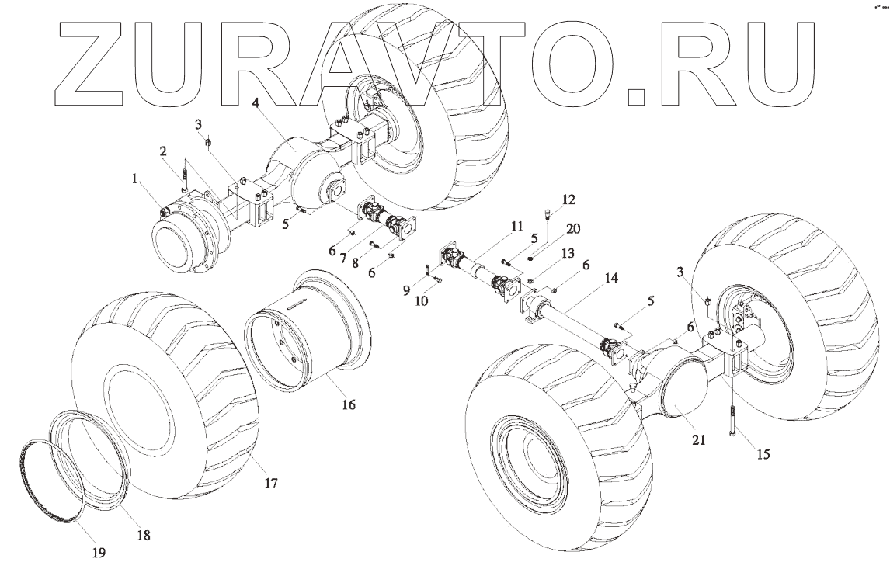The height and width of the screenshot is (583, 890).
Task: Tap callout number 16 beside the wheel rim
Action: pyautogui.click(x=349, y=404)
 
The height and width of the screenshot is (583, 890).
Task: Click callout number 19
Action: pyautogui.click(x=99, y=553)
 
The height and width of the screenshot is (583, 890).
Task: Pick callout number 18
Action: pyautogui.click(x=144, y=535)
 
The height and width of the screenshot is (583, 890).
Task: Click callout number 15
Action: pyautogui.click(x=763, y=454)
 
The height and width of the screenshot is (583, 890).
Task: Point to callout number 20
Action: pyautogui.click(x=573, y=228)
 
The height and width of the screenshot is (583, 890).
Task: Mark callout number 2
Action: pyautogui.click(x=165, y=151)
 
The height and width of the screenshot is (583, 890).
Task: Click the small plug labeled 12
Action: pyautogui.click(x=548, y=213)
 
